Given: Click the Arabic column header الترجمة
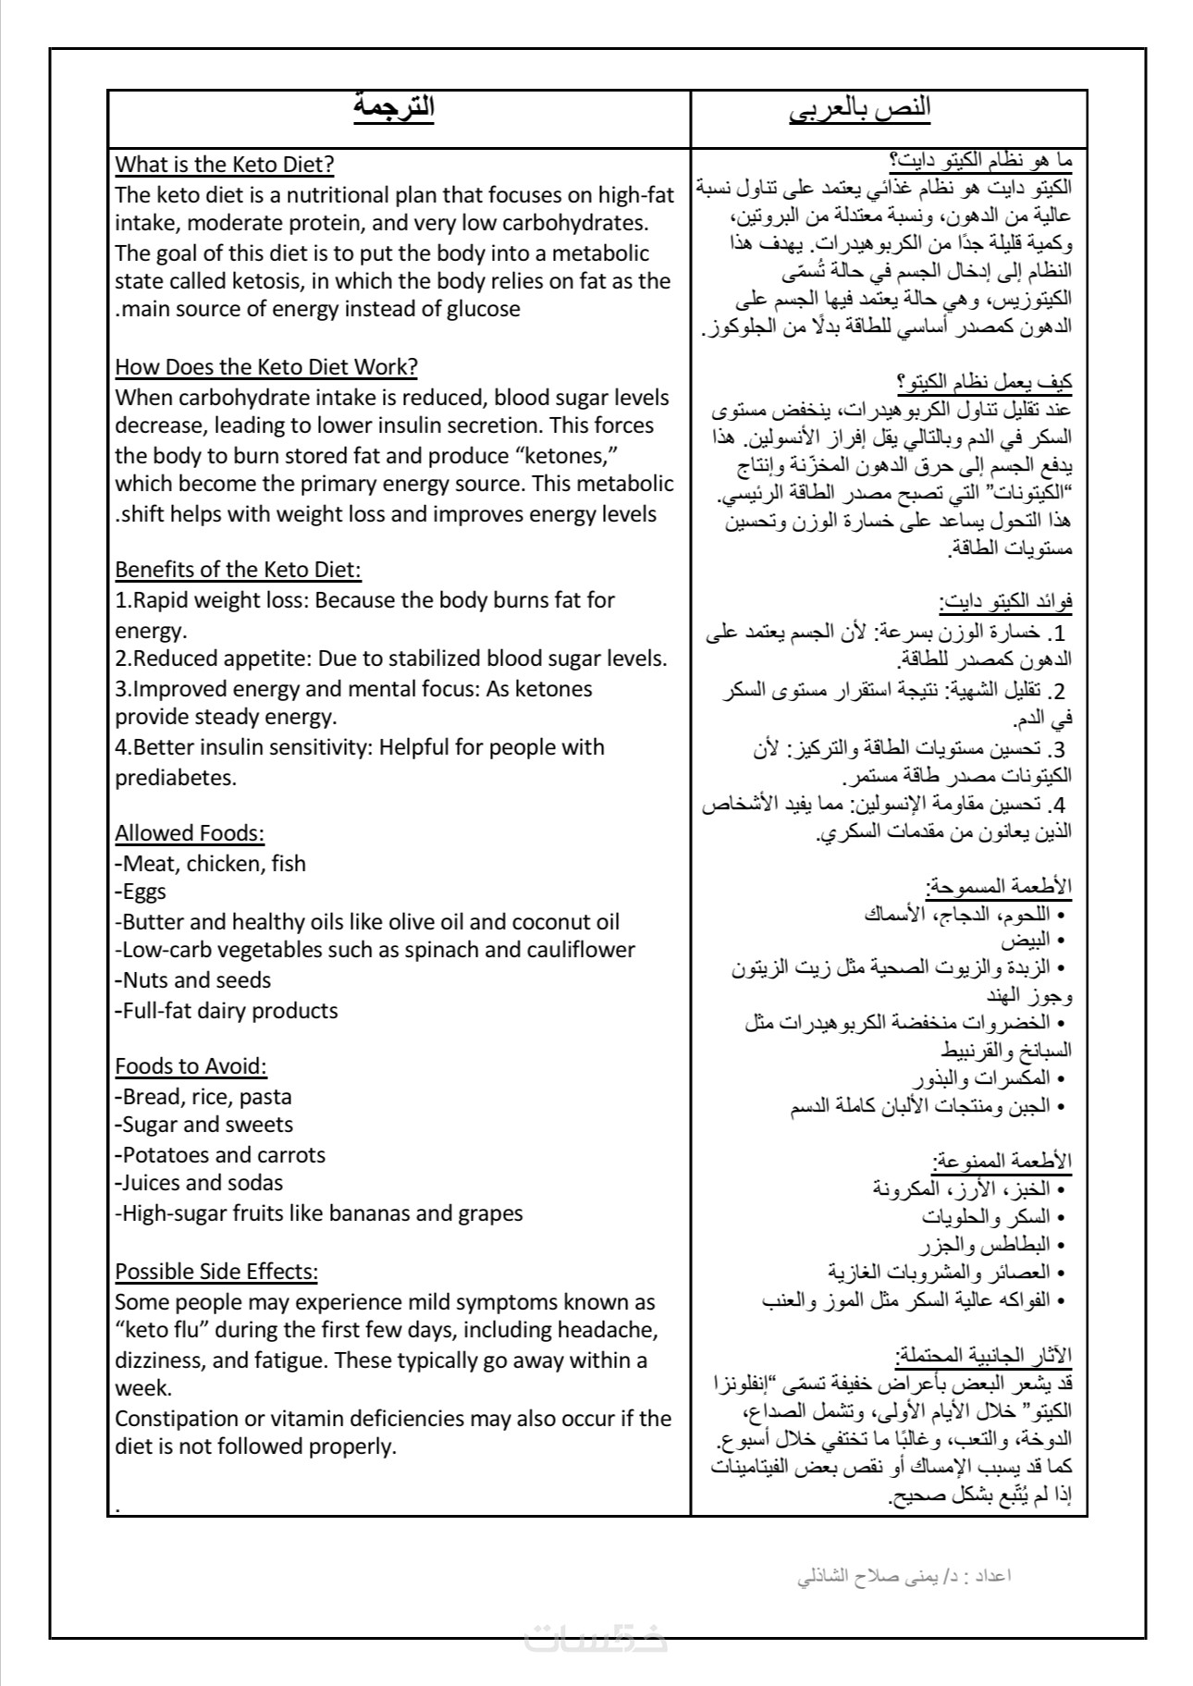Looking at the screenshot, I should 394,108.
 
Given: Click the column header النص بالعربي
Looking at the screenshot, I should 860,110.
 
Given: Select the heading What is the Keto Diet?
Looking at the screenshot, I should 224,165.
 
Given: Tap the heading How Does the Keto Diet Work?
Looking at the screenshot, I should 266,367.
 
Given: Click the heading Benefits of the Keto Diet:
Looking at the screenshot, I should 238,570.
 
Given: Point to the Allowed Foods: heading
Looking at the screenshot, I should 190,833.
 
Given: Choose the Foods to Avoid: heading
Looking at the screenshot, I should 191,1066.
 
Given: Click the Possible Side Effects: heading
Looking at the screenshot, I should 216,1272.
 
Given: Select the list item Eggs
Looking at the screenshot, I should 141,892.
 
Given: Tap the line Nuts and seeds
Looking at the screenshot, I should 194,980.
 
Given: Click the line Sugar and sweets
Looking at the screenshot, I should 205,1125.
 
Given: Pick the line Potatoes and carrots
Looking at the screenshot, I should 222,1155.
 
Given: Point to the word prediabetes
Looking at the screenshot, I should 175,778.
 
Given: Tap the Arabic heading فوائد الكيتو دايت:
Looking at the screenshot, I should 1006,603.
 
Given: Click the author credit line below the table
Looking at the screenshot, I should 904,1575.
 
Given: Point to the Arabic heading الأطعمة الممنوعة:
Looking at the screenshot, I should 1002,1161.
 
